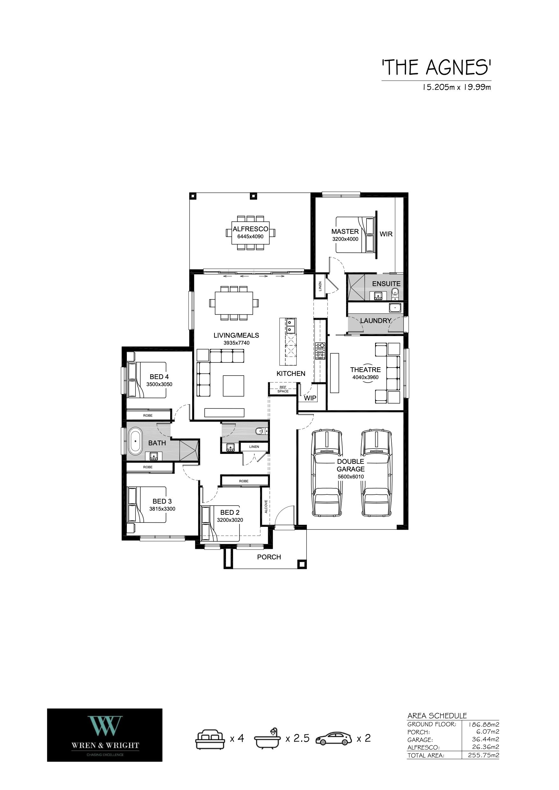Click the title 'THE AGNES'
pos(436,68)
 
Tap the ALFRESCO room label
pos(250,229)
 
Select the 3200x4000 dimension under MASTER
pos(345,239)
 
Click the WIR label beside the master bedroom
pos(386,234)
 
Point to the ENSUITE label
pos(386,284)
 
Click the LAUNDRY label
pos(375,321)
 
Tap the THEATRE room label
pos(365,370)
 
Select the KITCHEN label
pos(291,373)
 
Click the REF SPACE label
pos(283,389)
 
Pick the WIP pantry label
pos(310,398)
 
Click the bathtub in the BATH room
pos(135,441)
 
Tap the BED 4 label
pos(159,377)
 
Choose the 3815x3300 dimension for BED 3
pos(162,509)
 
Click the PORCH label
pos(269,557)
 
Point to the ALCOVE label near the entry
pos(266,506)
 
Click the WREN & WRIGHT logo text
pos(105,745)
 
